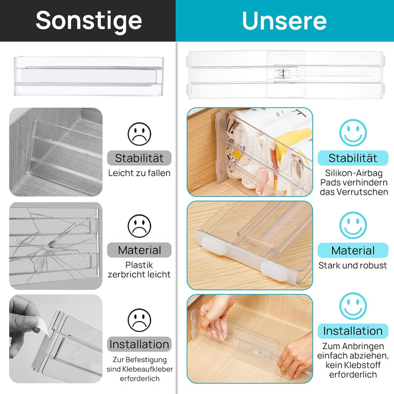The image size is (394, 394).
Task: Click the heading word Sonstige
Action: click(x=89, y=21)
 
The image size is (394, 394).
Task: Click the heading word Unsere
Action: click(x=285, y=21)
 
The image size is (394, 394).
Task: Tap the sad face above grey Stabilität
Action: click(x=139, y=134)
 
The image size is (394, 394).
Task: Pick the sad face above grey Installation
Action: click(x=139, y=320)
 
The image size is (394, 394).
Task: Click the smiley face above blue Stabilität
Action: click(x=353, y=133)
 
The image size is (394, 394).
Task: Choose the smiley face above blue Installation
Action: click(x=353, y=306)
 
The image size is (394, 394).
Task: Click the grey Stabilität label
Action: click(x=139, y=158)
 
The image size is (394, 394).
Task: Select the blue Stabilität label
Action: click(x=353, y=158)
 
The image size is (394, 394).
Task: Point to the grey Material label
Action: click(x=139, y=250)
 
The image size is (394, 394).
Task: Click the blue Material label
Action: click(x=353, y=251)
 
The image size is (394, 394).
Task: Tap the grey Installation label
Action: click(x=139, y=344)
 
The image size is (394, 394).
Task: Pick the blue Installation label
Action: click(x=353, y=331)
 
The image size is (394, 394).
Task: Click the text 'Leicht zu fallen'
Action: click(x=139, y=173)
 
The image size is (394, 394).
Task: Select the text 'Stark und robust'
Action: click(x=353, y=265)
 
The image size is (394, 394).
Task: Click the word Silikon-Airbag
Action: click(x=353, y=172)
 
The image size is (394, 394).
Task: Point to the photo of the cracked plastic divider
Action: click(x=55, y=246)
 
